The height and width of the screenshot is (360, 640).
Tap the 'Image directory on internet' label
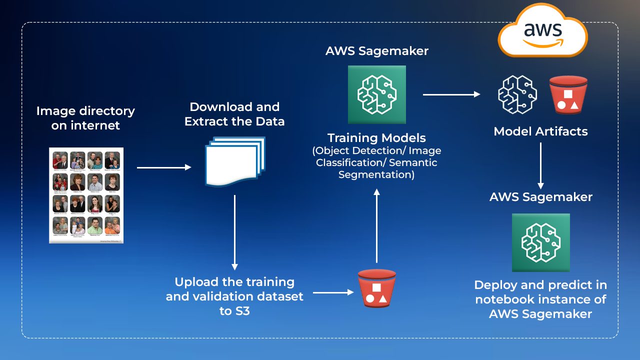click(x=85, y=118)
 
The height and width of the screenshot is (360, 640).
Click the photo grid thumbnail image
click(x=86, y=195)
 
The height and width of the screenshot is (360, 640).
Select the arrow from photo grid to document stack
click(x=164, y=167)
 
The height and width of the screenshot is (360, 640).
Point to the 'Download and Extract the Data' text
click(x=234, y=114)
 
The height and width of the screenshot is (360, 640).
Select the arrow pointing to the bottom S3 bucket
click(x=333, y=292)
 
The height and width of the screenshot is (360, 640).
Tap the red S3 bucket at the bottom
click(x=376, y=288)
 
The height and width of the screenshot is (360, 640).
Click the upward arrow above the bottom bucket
click(x=376, y=225)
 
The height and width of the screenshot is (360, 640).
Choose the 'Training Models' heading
click(x=376, y=137)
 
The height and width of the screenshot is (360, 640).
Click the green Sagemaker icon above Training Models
click(x=376, y=94)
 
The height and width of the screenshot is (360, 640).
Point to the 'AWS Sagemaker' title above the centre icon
click(x=376, y=51)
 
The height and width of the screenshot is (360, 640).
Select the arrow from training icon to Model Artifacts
click(x=451, y=94)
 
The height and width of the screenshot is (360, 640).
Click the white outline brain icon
click(x=517, y=94)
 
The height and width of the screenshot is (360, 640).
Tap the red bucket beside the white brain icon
click(x=567, y=94)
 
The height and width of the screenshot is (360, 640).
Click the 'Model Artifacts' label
click(x=540, y=131)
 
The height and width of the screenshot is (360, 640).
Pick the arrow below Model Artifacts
click(x=540, y=165)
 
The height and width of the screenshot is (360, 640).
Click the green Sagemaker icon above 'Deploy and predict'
click(x=540, y=242)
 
